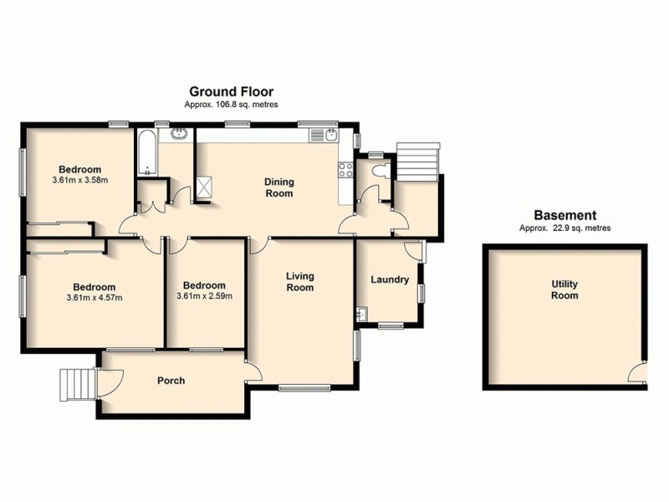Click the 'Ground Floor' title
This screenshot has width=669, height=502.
tap(231, 92)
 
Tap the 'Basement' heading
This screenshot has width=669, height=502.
tap(564, 215)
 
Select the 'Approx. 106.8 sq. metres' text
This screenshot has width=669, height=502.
tap(231, 105)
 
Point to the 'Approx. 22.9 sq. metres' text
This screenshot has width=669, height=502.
tap(564, 228)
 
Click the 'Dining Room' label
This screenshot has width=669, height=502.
tap(278, 187)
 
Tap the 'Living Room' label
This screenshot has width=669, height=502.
tap(299, 281)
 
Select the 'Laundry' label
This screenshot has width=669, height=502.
tap(389, 280)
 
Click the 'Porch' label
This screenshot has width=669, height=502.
tap(171, 381)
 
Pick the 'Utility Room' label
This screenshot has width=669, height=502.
tap(564, 289)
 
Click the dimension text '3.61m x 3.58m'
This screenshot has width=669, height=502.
tap(80, 180)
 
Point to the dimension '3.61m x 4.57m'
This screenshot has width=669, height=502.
tap(94, 298)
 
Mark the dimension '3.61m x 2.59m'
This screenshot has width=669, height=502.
tap(204, 295)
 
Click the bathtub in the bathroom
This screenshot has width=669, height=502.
tap(146, 153)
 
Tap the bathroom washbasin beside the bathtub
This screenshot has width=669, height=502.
tap(178, 134)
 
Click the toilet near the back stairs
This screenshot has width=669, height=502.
tap(380, 170)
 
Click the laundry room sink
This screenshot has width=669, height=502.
tap(362, 315)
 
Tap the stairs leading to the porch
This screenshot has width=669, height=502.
tap(76, 386)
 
